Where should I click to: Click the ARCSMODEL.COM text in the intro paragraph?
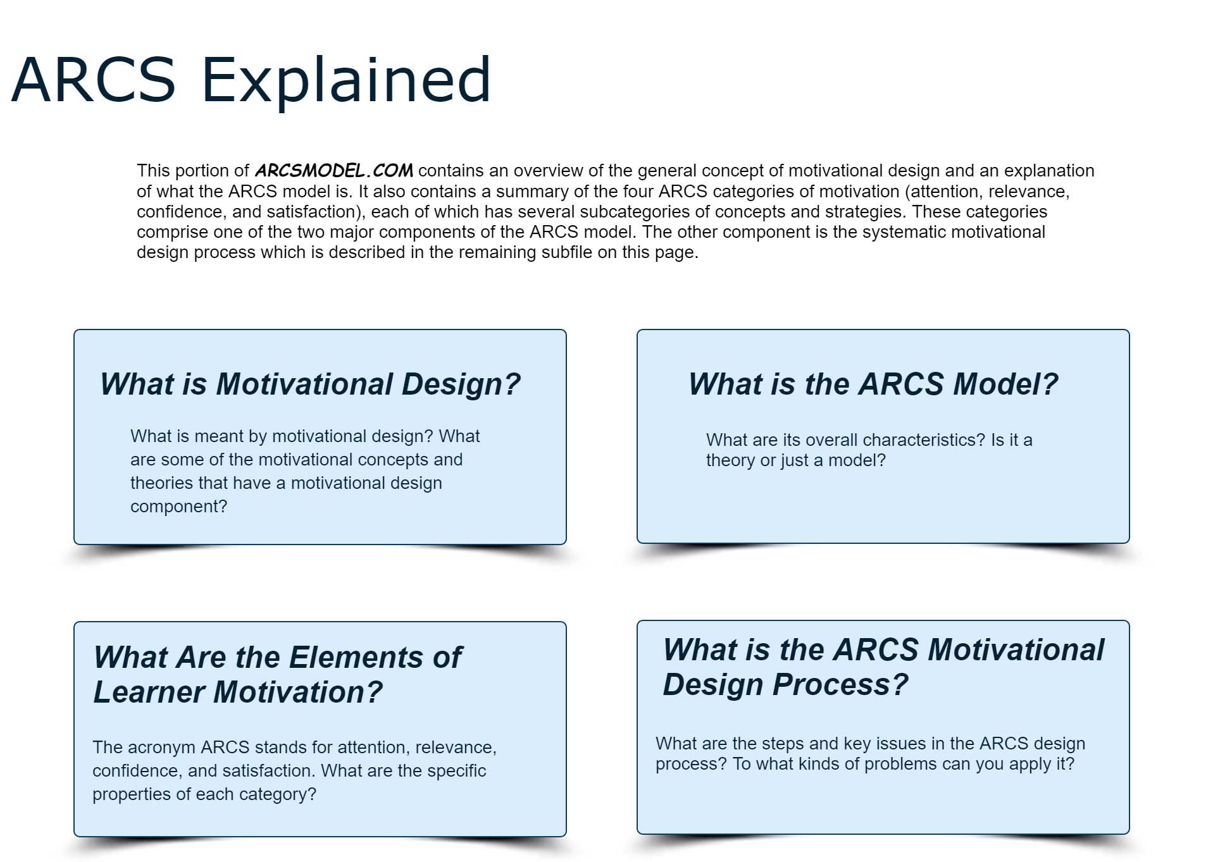click(333, 171)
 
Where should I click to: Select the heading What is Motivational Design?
click(309, 384)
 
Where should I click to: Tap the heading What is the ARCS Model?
click(873, 384)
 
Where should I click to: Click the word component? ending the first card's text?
click(178, 507)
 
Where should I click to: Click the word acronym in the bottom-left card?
click(166, 748)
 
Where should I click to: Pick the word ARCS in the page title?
click(93, 80)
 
